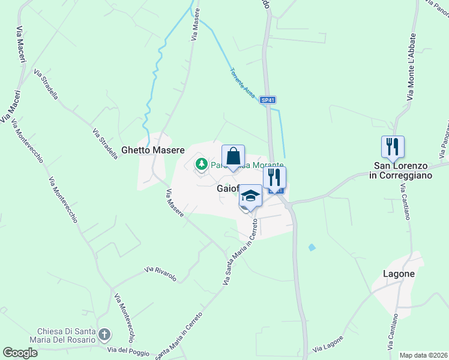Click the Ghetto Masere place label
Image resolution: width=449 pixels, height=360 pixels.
point(152,150)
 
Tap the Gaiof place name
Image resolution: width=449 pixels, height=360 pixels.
point(228,188)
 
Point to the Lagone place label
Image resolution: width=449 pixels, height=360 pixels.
point(399,274)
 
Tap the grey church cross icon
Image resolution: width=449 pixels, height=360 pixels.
point(104,334)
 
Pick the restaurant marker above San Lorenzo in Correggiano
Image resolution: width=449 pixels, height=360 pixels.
point(393,146)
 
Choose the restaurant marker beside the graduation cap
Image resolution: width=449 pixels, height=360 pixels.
point(274,177)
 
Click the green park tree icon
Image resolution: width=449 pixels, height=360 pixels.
point(202,163)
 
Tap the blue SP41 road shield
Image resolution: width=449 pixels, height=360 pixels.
point(268,101)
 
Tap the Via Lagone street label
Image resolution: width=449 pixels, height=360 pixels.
point(328,344)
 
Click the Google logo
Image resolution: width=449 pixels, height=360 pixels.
point(20,353)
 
